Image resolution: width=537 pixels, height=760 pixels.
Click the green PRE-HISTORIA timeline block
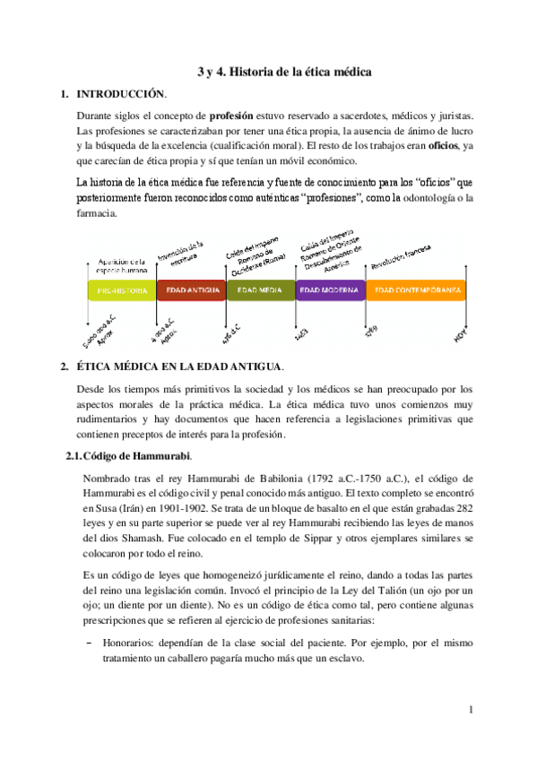point(121,290)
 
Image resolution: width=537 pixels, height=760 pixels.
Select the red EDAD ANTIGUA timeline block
point(191,290)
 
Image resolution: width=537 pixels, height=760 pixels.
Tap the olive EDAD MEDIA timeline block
point(260,290)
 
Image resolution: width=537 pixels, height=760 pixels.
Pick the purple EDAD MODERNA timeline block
point(330,290)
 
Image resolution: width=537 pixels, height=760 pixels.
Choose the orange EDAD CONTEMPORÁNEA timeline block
point(417,290)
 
